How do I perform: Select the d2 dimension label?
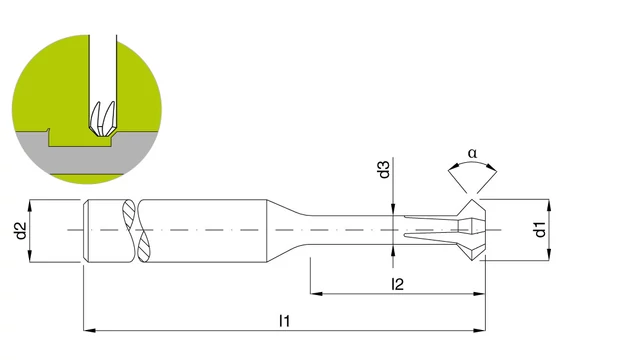20,230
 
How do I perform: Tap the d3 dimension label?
384,169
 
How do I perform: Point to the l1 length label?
284,321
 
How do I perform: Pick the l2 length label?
397,284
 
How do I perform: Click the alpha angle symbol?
472,153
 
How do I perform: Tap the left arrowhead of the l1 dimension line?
89,330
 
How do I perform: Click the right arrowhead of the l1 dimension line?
480,330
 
